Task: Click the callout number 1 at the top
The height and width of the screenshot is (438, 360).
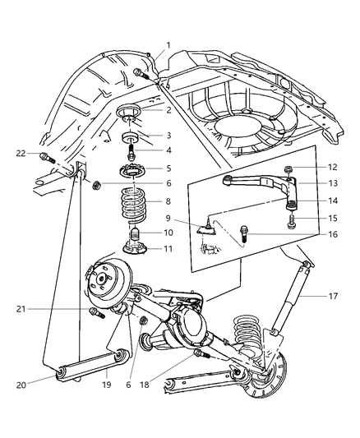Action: click(169, 45)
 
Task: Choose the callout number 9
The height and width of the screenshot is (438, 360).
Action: click(168, 220)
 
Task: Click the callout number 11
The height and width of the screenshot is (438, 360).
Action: click(168, 247)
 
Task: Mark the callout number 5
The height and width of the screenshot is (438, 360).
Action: click(168, 168)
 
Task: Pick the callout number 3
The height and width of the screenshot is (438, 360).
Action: click(168, 135)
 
